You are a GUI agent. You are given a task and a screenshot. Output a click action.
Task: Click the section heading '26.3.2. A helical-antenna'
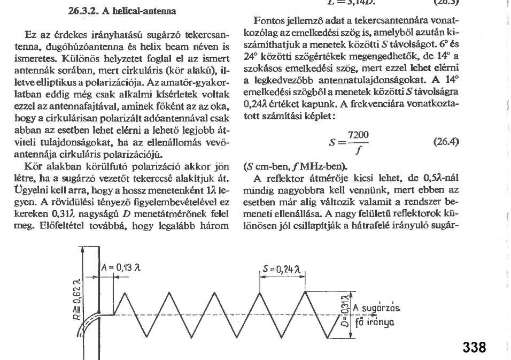click(122, 11)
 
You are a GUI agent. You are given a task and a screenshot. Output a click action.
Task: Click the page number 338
click(474, 347)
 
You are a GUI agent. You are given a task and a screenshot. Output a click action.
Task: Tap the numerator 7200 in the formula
click(358, 135)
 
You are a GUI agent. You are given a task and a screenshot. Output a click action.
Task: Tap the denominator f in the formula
click(358, 150)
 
